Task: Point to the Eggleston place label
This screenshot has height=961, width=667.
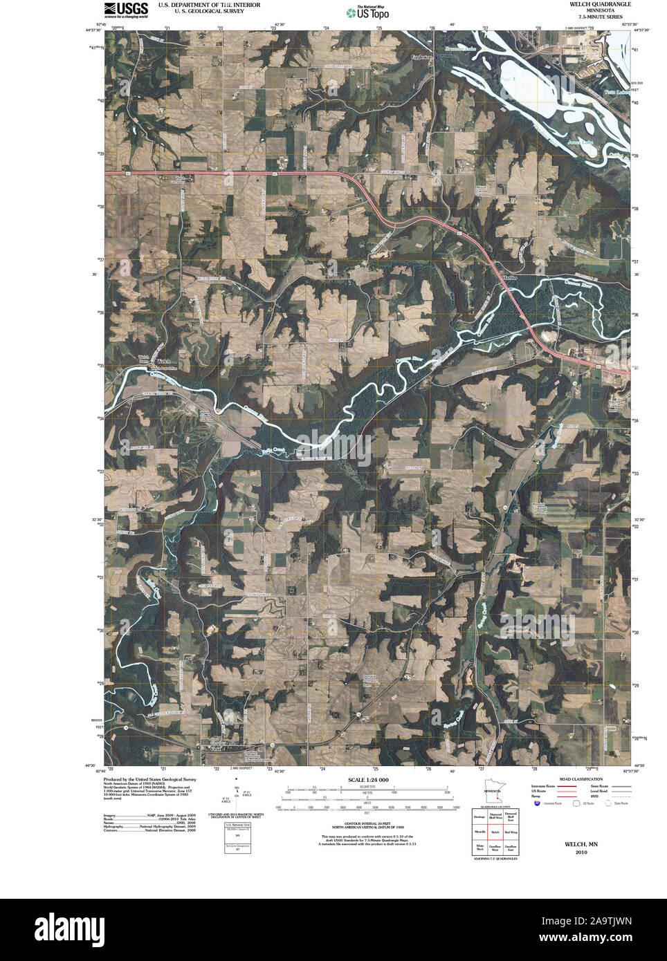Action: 421,57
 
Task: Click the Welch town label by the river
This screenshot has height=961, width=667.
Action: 163,361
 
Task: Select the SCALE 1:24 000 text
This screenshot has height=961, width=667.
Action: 368,780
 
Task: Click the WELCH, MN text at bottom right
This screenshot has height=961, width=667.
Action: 581,844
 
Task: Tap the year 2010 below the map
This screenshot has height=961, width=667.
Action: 581,852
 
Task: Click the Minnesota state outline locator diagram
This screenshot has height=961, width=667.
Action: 494,793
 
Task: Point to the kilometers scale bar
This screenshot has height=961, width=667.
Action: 367,788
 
